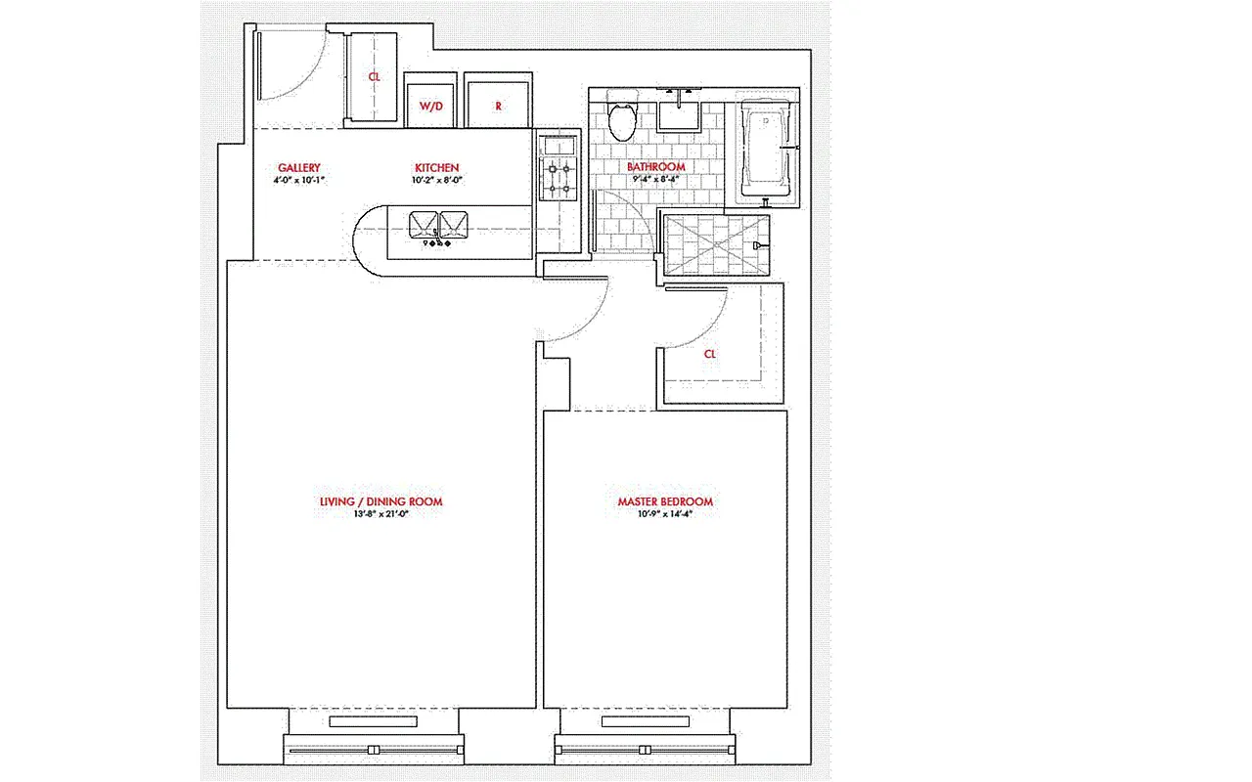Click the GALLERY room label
pos(298,168)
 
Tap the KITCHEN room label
pos(436,168)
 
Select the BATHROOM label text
pos(655,167)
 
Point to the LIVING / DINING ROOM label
pos(380,501)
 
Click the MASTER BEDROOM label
pos(664,501)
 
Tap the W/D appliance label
pos(431,106)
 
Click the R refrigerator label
pos(498,106)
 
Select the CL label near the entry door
pos(374,76)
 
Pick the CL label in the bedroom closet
pos(710,354)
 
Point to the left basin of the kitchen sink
pos(425,225)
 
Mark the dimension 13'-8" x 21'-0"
pos(380,514)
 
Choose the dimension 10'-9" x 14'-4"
pos(664,514)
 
